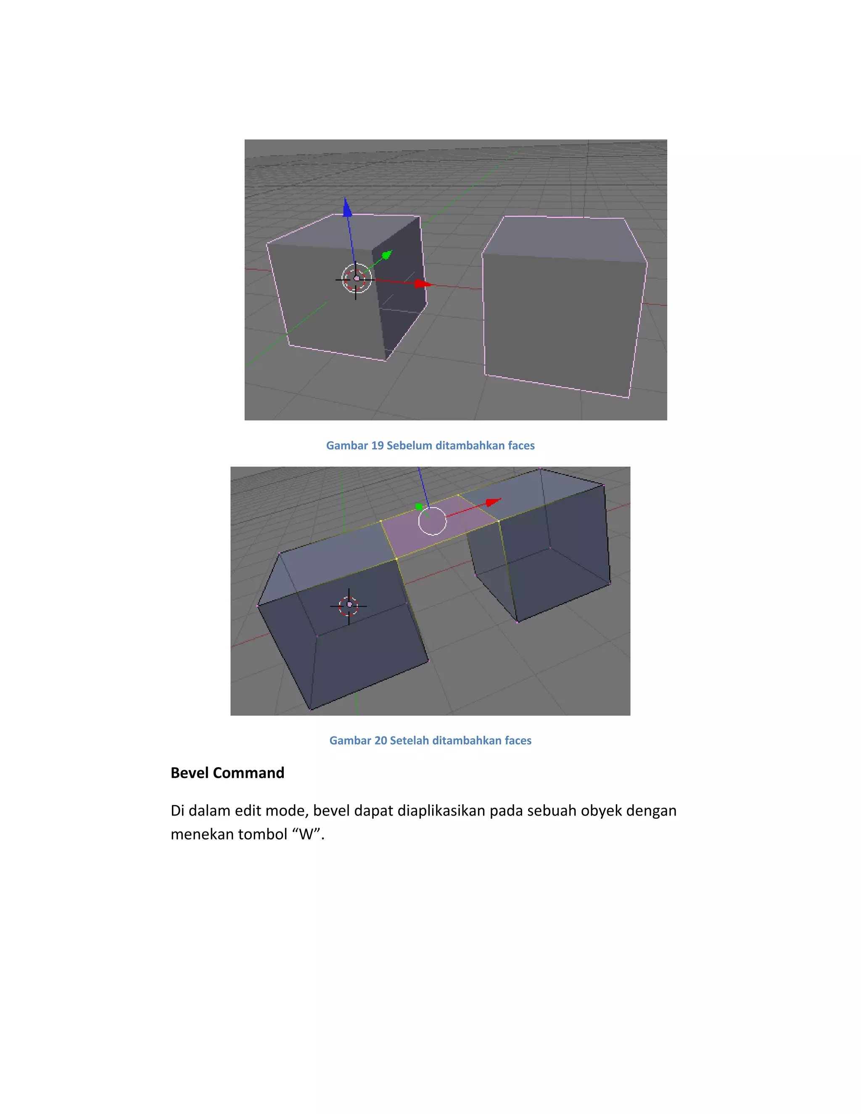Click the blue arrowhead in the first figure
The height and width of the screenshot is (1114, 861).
[x=347, y=208]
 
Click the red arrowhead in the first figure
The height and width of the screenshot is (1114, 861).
[x=423, y=284]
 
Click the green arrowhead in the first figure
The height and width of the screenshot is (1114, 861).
[x=387, y=254]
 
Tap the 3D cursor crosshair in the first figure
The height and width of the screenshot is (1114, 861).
[x=356, y=278]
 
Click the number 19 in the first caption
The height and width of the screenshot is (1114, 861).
[x=378, y=445]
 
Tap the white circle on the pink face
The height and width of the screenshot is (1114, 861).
[x=432, y=521]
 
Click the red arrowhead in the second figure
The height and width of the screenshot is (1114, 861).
[x=493, y=502]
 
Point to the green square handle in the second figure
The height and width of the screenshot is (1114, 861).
[x=419, y=507]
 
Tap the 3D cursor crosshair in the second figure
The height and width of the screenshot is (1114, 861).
[x=349, y=605]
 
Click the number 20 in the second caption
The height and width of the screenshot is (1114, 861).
[x=380, y=740]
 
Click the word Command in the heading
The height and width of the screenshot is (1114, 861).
[x=248, y=773]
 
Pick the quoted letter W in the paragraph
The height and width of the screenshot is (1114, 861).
[x=306, y=834]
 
